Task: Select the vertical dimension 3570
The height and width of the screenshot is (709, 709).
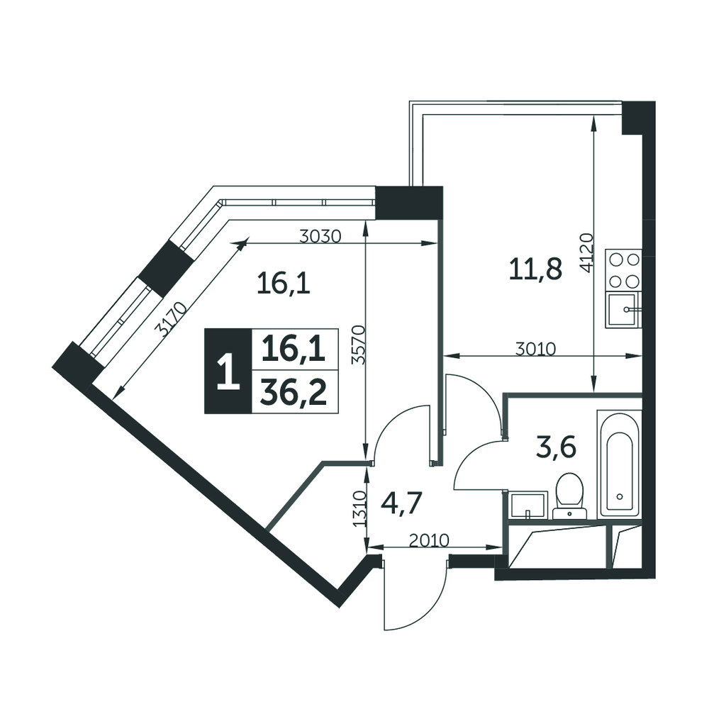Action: tap(359, 345)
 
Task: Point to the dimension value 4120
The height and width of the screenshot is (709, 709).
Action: tap(586, 253)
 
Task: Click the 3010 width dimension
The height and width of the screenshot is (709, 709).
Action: tap(536, 349)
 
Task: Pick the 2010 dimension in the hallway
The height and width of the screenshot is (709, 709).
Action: tap(429, 540)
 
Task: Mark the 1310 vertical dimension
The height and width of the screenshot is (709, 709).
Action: tap(359, 508)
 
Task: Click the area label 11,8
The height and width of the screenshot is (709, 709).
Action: tap(535, 269)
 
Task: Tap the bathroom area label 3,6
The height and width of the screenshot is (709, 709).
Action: tap(556, 449)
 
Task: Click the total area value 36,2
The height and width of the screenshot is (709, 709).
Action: tap(294, 392)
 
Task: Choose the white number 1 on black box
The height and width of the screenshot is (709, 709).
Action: tap(228, 372)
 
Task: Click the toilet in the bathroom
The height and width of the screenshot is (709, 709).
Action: tap(570, 496)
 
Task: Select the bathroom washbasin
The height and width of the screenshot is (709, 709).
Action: tap(527, 505)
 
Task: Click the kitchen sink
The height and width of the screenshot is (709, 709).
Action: tap(623, 309)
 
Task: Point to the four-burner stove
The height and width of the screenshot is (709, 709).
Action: tap(623, 270)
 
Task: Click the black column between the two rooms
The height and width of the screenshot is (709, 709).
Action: tap(409, 203)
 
